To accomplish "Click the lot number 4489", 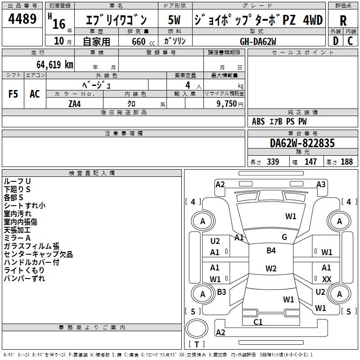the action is pyautogui.click(x=22, y=19).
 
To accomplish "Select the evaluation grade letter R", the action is pyautogui.click(x=343, y=20).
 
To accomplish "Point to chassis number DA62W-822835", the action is pyautogui.click(x=302, y=143).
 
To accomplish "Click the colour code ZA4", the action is pyautogui.click(x=75, y=103).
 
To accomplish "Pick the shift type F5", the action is pyautogui.click(x=13, y=94).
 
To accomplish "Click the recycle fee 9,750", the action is pyautogui.click(x=228, y=103).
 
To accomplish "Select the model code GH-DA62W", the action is pyautogui.click(x=258, y=41).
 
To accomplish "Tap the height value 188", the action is pyautogui.click(x=346, y=162).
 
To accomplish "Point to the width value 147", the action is pyautogui.click(x=310, y=162).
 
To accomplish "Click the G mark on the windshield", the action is pyautogui.click(x=284, y=237).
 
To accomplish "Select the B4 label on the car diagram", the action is pyautogui.click(x=271, y=251).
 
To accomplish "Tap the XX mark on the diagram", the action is pyautogui.click(x=327, y=279).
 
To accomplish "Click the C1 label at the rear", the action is pyautogui.click(x=258, y=322).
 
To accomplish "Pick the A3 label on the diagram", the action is pyautogui.click(x=321, y=184).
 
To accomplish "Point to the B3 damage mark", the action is pyautogui.click(x=221, y=292).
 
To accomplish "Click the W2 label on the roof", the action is pyautogui.click(x=271, y=269).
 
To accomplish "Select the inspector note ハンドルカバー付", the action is pyautogui.click(x=31, y=262).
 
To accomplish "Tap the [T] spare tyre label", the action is pyautogui.click(x=197, y=345).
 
